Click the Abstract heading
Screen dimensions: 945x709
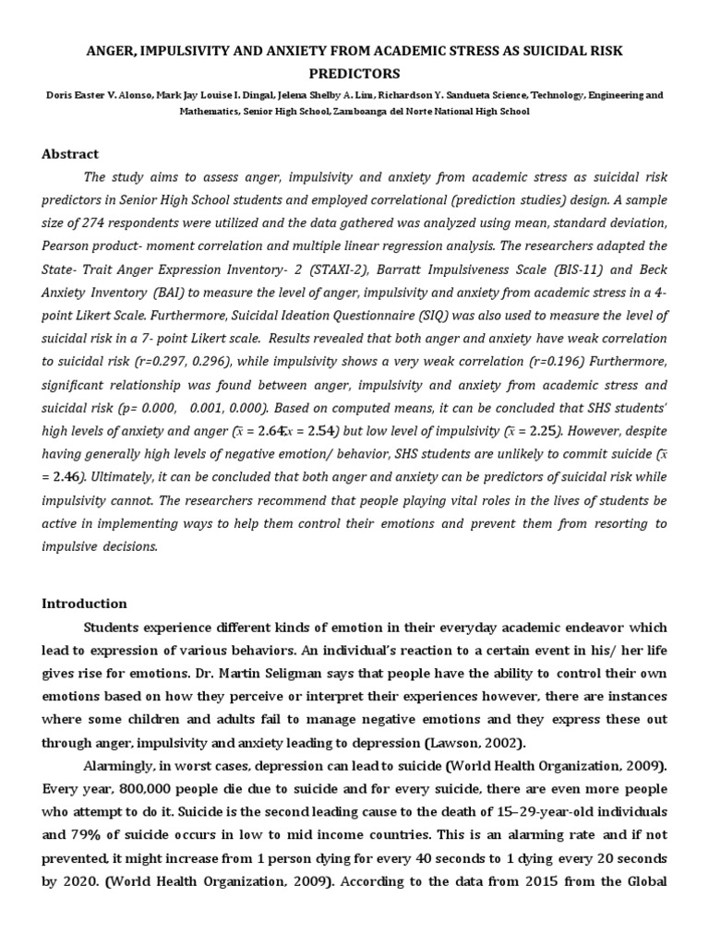[69, 154]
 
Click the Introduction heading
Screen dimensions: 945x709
[84, 604]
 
